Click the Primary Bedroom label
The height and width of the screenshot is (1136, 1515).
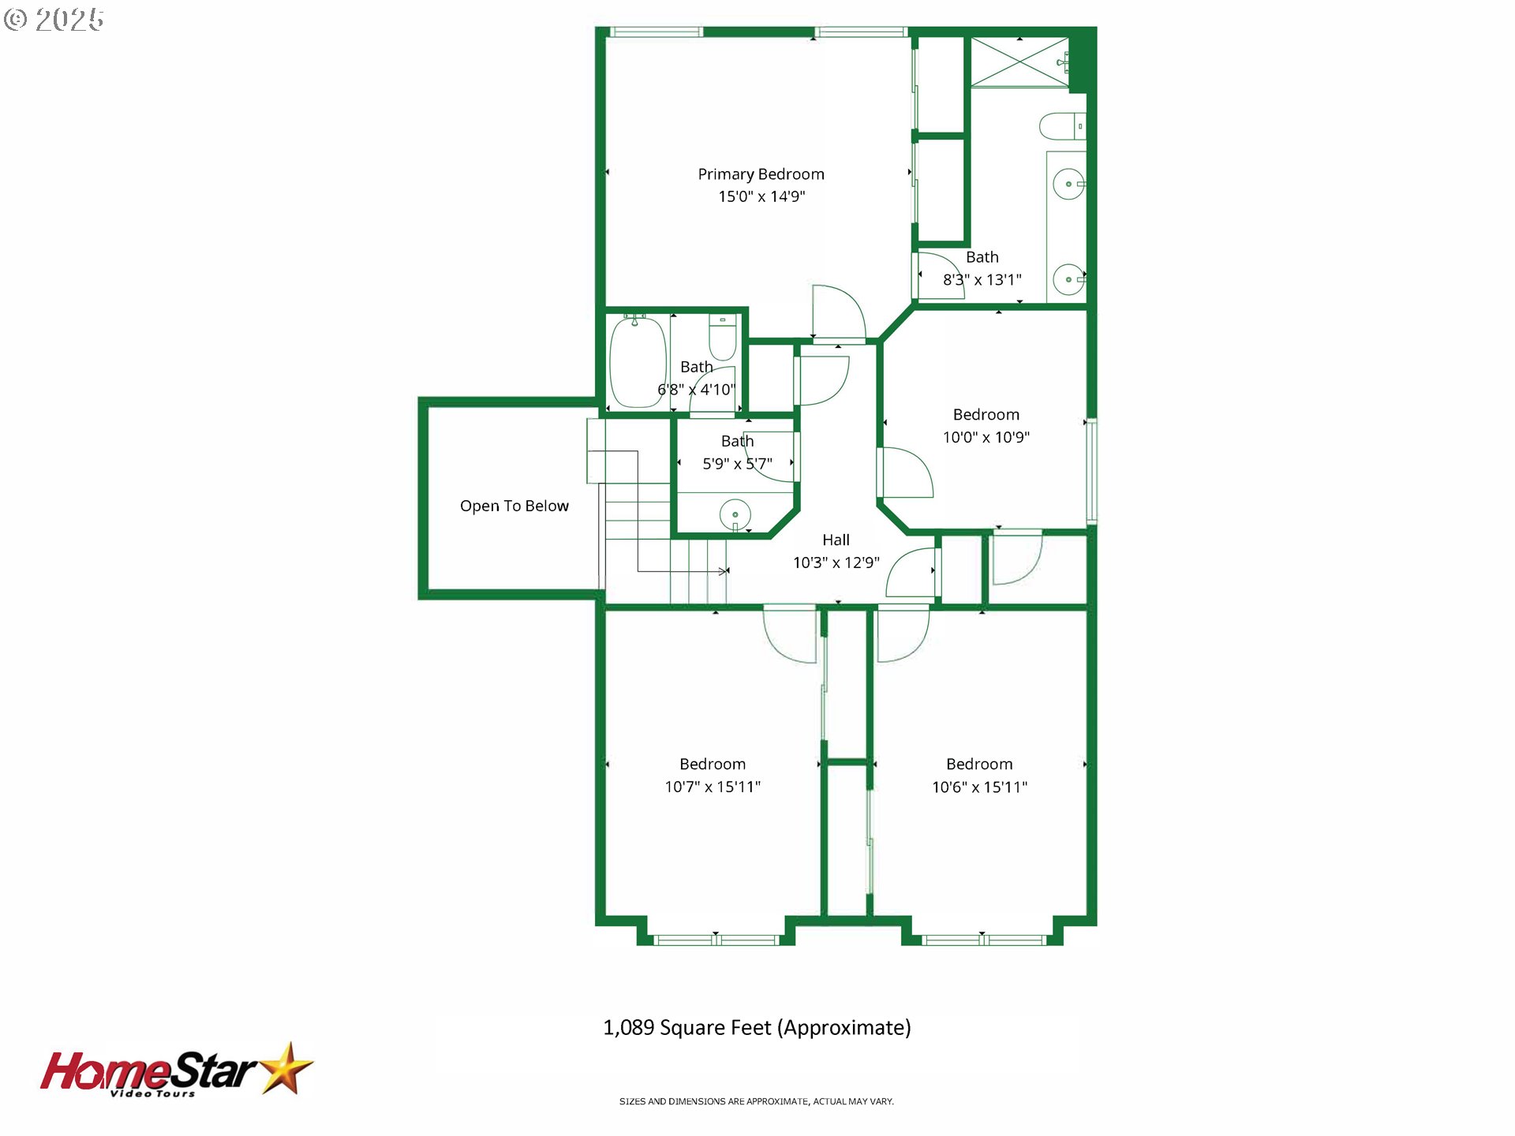(761, 174)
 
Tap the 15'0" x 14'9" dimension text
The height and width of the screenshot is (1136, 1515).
(761, 196)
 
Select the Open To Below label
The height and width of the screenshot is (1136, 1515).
(514, 506)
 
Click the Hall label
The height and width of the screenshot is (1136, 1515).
(836, 540)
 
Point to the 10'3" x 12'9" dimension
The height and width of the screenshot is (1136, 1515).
(836, 562)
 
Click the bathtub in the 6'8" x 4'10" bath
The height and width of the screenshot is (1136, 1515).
(638, 362)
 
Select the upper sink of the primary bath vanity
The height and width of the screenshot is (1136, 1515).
(1068, 185)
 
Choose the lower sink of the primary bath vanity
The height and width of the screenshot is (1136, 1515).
(1068, 279)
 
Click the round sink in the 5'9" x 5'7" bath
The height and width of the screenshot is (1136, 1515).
(735, 514)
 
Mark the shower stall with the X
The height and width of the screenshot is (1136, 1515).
(1019, 62)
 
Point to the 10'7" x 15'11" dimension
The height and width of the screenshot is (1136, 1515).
(713, 787)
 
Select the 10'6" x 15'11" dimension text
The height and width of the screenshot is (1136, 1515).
(979, 787)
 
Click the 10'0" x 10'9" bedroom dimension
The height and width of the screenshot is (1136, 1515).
(986, 437)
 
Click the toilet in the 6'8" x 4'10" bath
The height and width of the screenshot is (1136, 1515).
(723, 337)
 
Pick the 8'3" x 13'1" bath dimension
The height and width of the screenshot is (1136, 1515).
(982, 279)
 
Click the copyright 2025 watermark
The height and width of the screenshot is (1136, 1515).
(54, 20)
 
